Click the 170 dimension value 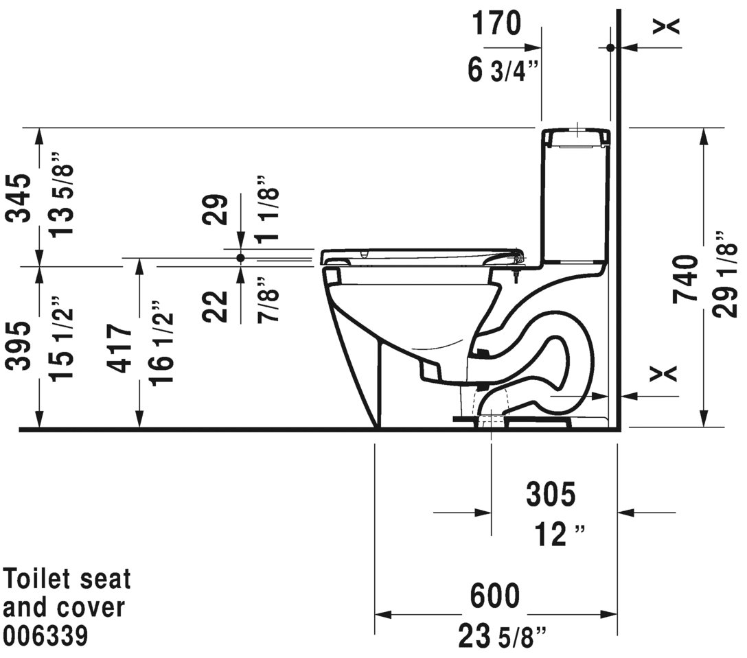click(497, 23)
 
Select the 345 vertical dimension click(19, 198)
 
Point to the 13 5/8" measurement click(62, 194)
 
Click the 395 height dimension click(19, 346)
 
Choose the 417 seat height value click(119, 349)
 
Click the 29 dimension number click(215, 209)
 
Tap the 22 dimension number click(215, 307)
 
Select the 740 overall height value click(685, 279)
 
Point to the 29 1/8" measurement click(726, 274)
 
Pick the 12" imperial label click(559, 534)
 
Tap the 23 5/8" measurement click(503, 637)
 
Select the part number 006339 click(45, 635)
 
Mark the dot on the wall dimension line click(610, 47)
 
